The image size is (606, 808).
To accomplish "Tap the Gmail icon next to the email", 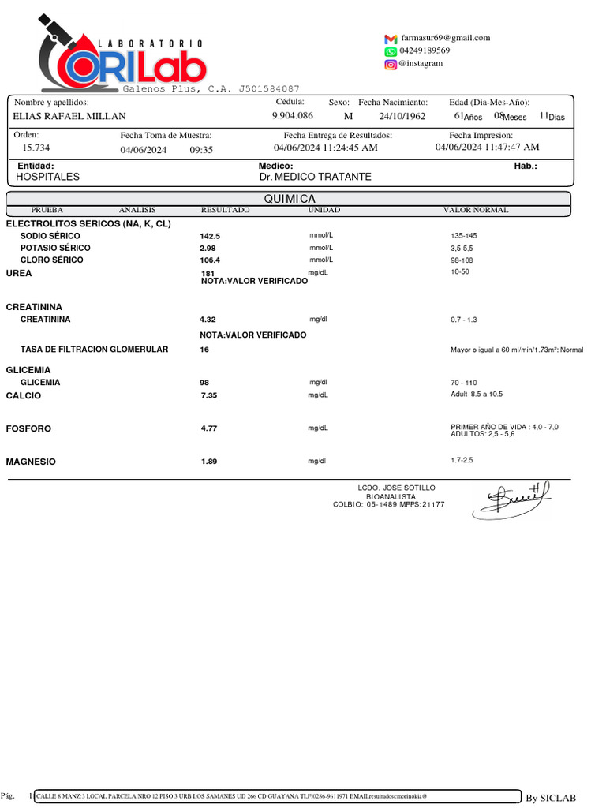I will (x=391, y=39).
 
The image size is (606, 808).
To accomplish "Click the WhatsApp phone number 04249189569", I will (x=425, y=50).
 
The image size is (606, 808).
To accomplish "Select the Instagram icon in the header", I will (x=391, y=64).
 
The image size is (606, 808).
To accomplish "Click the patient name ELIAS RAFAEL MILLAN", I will (x=69, y=116).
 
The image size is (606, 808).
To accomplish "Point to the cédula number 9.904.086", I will (x=292, y=115).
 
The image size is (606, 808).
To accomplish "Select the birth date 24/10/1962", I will (x=402, y=116).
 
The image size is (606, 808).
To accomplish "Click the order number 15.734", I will (x=36, y=148).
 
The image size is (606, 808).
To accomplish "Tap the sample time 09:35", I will (x=201, y=150).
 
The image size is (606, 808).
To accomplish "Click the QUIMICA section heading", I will (x=290, y=199).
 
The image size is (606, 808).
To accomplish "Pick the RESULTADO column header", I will (x=225, y=211).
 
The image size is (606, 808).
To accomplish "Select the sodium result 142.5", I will (x=210, y=236).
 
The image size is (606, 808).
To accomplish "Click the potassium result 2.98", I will (x=208, y=248).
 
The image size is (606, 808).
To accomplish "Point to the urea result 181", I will (x=208, y=273).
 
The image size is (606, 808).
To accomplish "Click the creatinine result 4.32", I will (x=208, y=320).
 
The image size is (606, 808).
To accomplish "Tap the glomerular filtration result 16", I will (x=204, y=350).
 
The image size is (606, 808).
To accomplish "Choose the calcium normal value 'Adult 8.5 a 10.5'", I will (x=476, y=394).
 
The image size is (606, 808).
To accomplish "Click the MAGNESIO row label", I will (x=31, y=462).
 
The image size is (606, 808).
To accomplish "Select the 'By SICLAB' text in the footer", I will (x=550, y=799).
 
